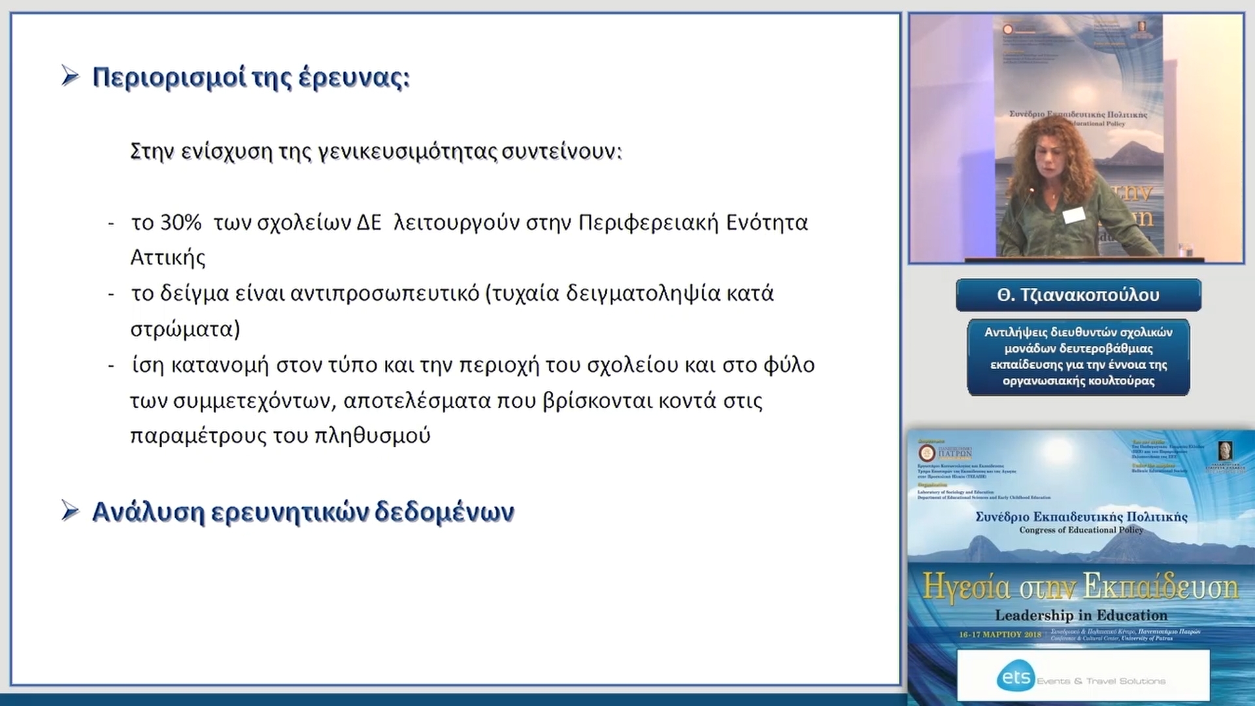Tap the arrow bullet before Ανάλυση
[70, 511]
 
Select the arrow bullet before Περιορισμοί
[70, 76]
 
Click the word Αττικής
[168, 258]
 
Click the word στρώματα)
[185, 329]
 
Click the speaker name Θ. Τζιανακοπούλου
[1078, 295]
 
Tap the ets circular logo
[1016, 677]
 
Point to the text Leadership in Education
[1080, 615]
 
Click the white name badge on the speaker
[1074, 215]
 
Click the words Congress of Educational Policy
[1080, 530]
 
